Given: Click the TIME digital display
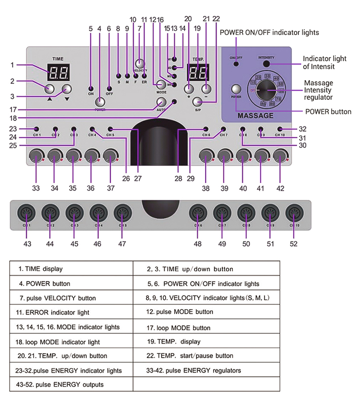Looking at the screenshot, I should pos(60,72).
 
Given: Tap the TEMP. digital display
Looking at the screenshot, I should pos(198,73).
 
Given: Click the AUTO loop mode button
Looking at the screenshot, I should pos(161,102).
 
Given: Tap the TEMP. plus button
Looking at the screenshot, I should pos(189,89).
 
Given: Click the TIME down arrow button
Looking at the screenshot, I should pos(66,89).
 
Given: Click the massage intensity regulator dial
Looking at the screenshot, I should pos(265,89).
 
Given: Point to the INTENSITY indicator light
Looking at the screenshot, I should pos(266,64).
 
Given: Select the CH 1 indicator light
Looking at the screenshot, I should pos(36,129).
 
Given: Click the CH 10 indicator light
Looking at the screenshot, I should pos(279,129).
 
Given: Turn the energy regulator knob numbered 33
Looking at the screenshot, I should pos(35,156).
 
